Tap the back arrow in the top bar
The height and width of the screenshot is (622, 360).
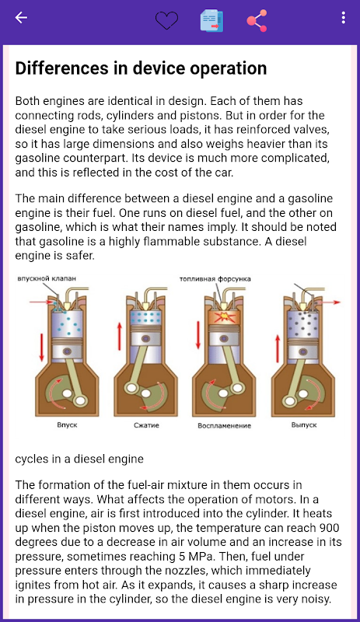(21, 18)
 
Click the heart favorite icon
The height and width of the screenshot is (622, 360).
(166, 19)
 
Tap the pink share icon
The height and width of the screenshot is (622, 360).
(257, 20)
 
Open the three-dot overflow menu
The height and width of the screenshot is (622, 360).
(344, 18)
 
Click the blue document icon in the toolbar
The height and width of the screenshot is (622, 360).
(211, 21)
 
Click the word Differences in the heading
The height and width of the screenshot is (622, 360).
(61, 68)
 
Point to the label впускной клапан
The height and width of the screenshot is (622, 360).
(47, 278)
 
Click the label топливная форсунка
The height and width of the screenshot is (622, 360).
(215, 279)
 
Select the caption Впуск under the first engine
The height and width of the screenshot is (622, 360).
(67, 425)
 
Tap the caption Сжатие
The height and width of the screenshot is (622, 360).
(146, 425)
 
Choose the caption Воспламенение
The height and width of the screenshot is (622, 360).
(224, 425)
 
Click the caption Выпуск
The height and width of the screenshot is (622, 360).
(304, 425)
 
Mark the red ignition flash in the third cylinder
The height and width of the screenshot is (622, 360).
(224, 318)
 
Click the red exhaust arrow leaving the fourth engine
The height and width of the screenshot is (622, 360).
(330, 302)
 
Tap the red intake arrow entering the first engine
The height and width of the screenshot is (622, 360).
(42, 302)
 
